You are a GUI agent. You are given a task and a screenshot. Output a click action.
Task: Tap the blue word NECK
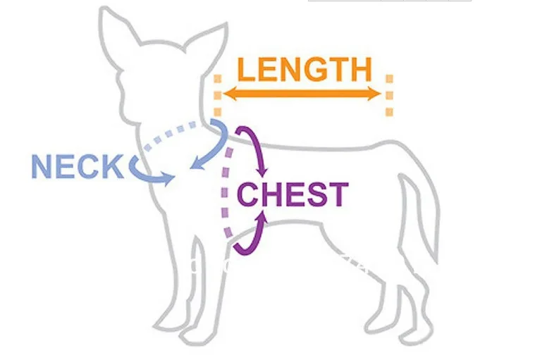77,167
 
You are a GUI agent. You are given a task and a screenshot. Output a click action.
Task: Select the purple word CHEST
293,194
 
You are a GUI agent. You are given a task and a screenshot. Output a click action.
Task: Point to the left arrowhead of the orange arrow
220,94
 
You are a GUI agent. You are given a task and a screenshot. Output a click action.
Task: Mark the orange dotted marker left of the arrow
216,95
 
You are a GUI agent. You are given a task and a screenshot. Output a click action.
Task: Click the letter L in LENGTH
247,69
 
